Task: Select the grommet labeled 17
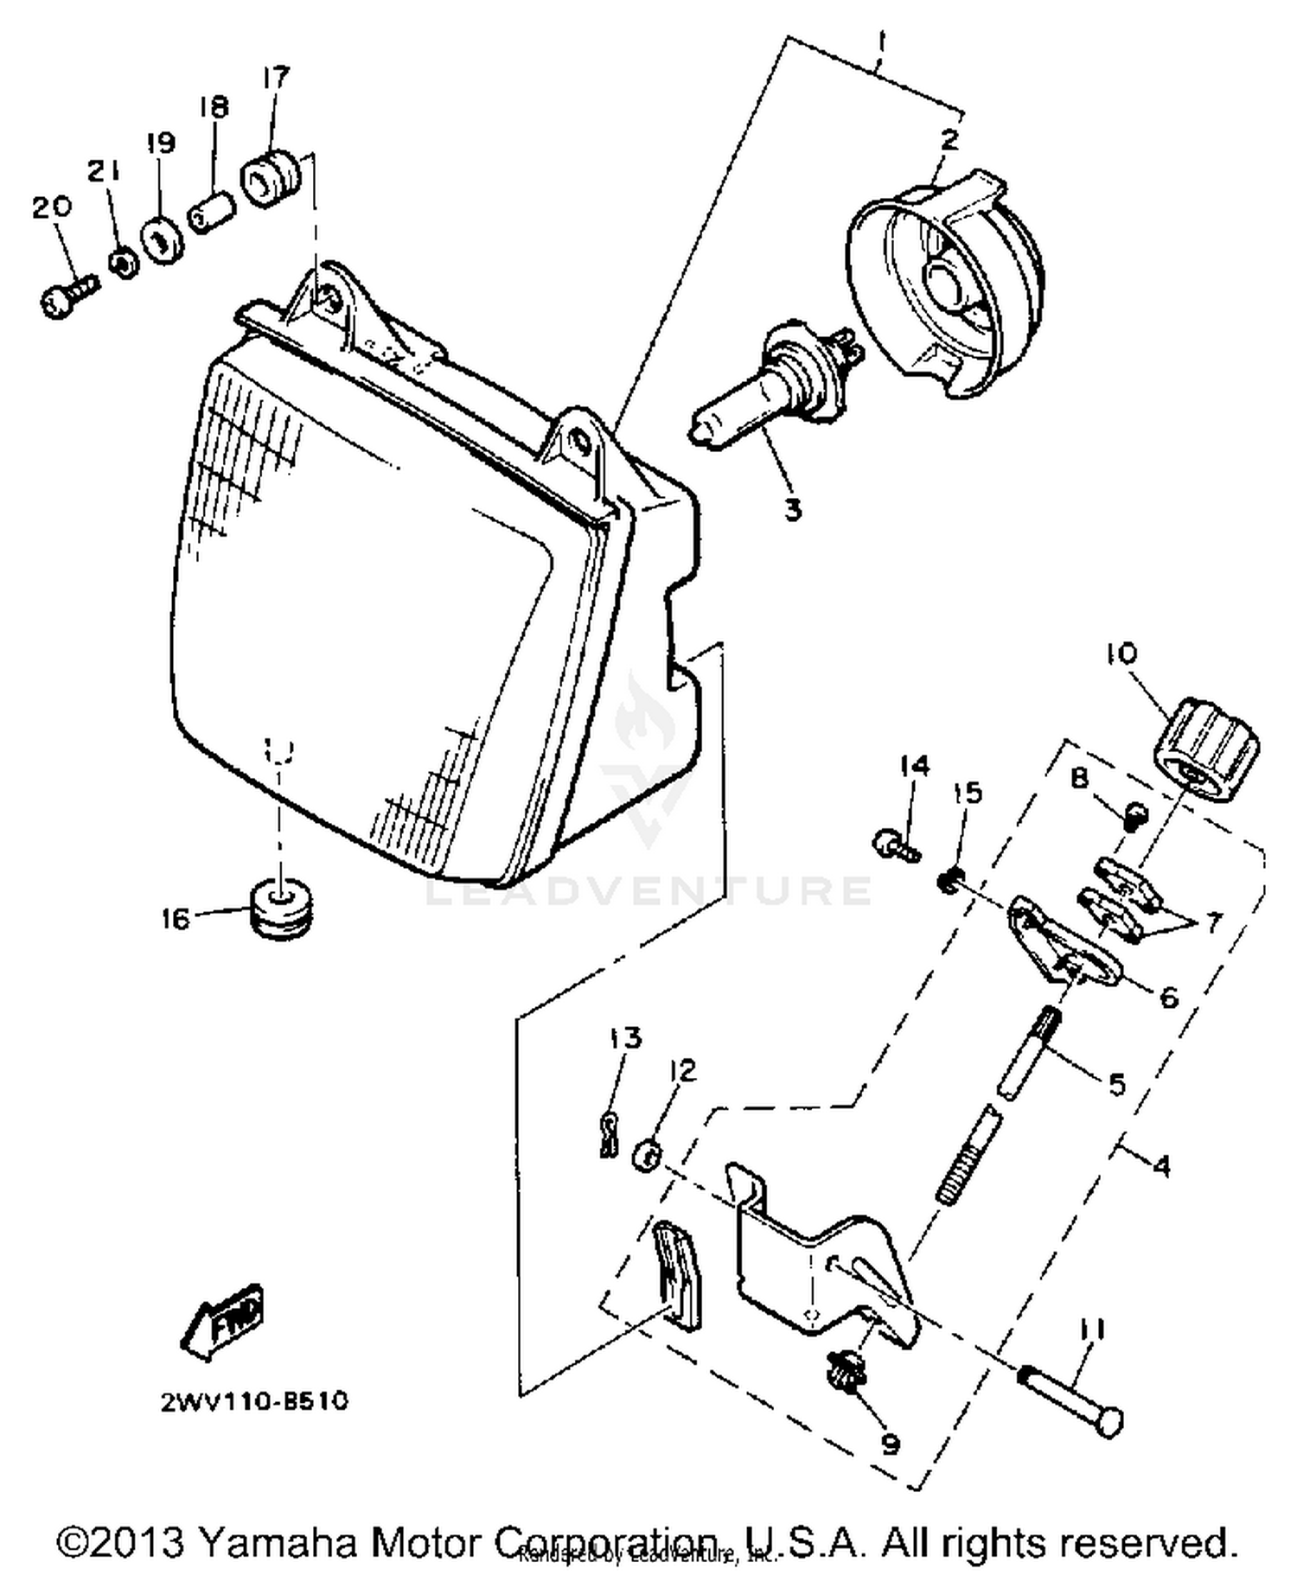pos(270,178)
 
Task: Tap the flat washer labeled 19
pos(162,241)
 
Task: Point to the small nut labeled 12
pos(648,1154)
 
